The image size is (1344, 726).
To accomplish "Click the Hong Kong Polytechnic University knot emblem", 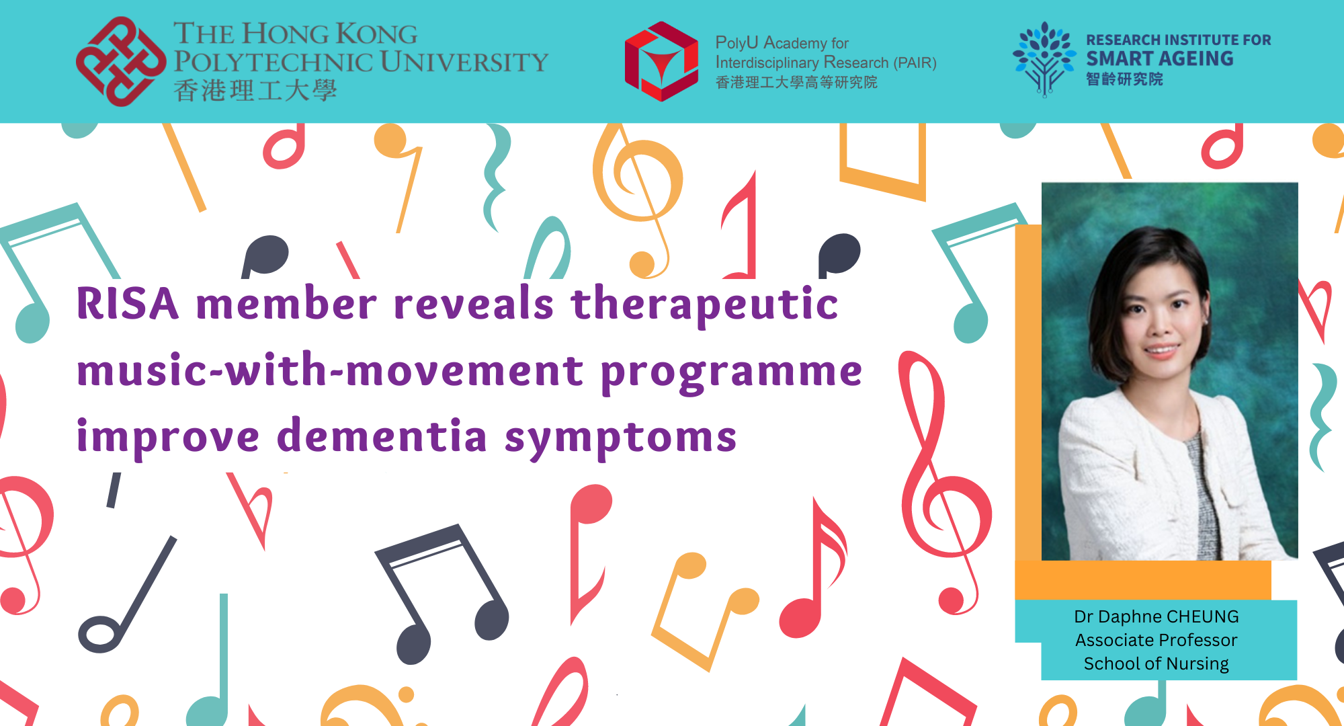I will click(121, 61).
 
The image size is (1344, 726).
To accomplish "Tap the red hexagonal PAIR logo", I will click(661, 61).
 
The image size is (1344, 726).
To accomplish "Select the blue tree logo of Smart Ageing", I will click(1044, 59).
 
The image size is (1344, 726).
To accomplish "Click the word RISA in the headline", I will click(128, 304).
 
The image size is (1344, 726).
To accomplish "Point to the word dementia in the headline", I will click(382, 437).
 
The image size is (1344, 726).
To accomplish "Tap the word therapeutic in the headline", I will click(704, 304).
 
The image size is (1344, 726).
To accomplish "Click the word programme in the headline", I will click(731, 372).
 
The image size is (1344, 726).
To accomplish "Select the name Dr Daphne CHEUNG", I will click(1156, 616).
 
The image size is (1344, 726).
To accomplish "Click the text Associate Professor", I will click(1156, 640).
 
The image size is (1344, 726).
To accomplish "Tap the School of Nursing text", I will click(1156, 663).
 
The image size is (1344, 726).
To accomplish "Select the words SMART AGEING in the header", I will click(1160, 59).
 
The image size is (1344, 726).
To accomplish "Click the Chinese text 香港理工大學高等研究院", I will click(796, 83).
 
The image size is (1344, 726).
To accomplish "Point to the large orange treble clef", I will click(635, 195).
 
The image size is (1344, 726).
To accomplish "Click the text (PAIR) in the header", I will click(915, 63).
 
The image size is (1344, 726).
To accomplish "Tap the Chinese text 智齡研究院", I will click(1124, 79).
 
